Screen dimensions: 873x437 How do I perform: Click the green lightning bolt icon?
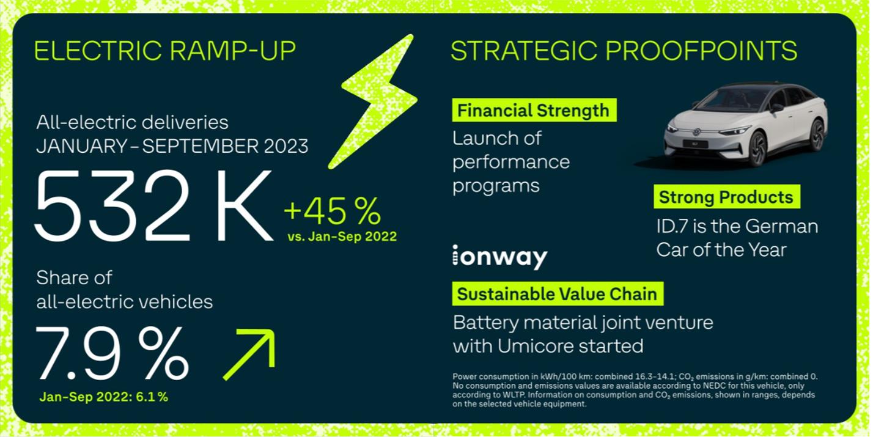click(374, 102)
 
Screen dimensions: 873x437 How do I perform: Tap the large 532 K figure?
click(154, 205)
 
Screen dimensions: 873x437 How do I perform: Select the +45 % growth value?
click(333, 211)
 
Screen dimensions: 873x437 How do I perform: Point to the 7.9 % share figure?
click(112, 353)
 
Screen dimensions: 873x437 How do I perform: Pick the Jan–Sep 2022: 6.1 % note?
click(104, 397)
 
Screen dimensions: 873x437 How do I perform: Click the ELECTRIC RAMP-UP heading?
click(165, 51)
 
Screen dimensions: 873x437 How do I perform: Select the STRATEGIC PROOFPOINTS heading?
click(624, 51)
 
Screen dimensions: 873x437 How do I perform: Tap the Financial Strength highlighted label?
click(534, 110)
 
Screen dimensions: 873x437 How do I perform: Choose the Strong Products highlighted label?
click(727, 197)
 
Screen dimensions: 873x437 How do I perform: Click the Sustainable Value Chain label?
click(558, 293)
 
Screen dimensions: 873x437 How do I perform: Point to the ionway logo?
click(500, 257)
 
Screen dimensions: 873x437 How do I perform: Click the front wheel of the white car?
click(757, 149)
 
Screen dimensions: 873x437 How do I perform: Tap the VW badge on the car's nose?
click(696, 132)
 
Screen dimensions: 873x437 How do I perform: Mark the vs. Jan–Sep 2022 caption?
click(342, 237)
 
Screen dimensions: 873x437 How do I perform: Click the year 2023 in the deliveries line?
click(286, 147)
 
